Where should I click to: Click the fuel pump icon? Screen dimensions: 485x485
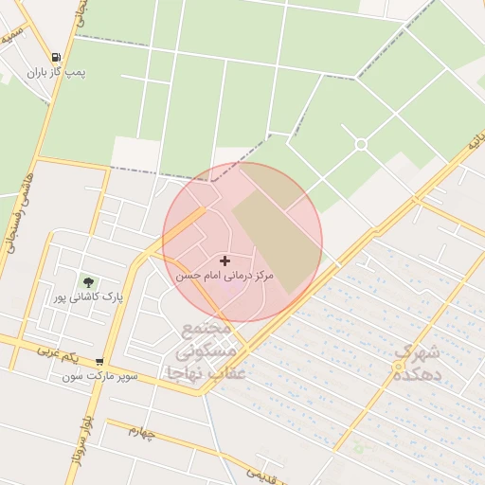click(x=57, y=58)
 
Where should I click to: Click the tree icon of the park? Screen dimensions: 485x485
click(x=88, y=282)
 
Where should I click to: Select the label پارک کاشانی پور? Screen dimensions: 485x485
click(x=88, y=297)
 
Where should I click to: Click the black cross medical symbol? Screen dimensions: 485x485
click(x=225, y=260)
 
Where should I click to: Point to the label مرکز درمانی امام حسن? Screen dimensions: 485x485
click(x=225, y=277)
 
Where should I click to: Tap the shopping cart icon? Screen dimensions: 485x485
click(x=99, y=361)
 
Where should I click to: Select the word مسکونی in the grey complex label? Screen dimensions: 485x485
click(x=207, y=352)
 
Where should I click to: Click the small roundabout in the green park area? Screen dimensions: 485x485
click(x=361, y=144)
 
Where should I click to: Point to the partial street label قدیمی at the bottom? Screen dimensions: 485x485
click(x=264, y=475)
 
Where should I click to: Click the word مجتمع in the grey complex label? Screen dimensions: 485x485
click(x=206, y=331)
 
